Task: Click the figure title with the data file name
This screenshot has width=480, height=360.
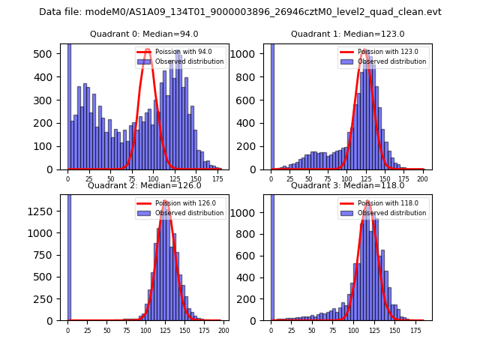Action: pyautogui.click(x=240, y=12)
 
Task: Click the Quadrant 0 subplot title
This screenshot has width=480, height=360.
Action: pyautogui.click(x=144, y=34)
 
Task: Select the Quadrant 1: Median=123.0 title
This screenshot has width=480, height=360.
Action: pyautogui.click(x=347, y=34)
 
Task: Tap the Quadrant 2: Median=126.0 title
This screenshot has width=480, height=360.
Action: pyautogui.click(x=144, y=185)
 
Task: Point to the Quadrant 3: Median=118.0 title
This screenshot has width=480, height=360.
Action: pyautogui.click(x=347, y=185)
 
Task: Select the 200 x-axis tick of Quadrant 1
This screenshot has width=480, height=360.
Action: pyautogui.click(x=424, y=178)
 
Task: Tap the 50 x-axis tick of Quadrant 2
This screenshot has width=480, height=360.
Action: pyautogui.click(x=106, y=329)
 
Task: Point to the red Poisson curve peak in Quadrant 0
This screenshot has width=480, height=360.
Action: pyautogui.click(x=148, y=51)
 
